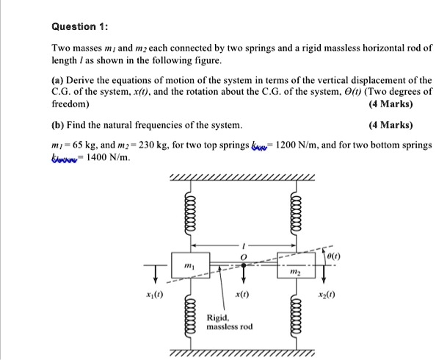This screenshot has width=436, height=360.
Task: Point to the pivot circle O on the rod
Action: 244,264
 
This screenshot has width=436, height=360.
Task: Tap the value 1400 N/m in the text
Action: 106,158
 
